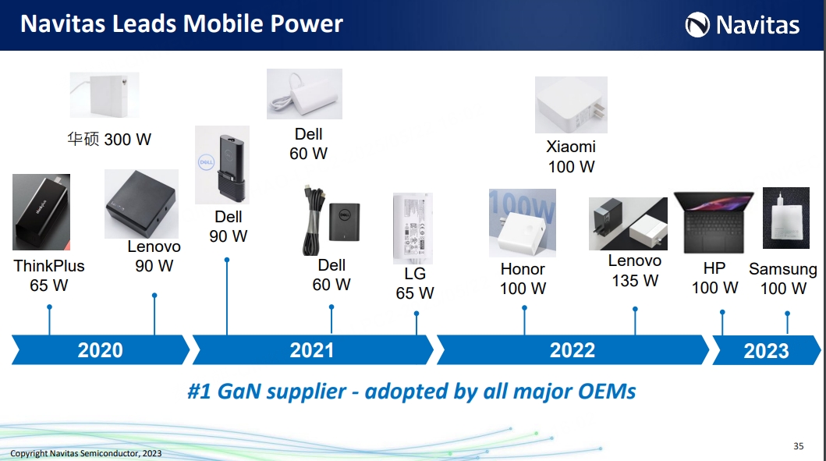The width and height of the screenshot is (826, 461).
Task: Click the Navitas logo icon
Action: coord(697,25)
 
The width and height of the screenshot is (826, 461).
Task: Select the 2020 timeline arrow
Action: coord(100,349)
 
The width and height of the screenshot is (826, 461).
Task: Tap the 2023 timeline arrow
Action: coord(767,350)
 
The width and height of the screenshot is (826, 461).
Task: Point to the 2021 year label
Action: coord(312,350)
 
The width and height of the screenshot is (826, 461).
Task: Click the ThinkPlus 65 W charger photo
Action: coord(41,212)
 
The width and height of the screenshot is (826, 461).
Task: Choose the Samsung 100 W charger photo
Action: coord(786,218)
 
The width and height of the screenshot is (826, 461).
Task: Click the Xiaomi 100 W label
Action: coord(571,157)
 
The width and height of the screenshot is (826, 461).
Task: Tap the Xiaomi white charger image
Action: coord(571,105)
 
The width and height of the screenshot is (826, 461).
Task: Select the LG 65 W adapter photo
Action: coord(413,228)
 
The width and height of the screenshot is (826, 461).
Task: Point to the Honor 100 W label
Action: coord(523,278)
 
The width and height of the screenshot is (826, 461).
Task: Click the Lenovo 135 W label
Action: coord(635,270)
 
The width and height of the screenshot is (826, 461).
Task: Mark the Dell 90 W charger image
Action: coord(222,165)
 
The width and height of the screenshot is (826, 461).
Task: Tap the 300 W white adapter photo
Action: coord(105,95)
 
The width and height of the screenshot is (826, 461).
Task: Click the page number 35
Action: coord(799,446)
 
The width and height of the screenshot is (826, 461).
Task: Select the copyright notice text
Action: coord(86,453)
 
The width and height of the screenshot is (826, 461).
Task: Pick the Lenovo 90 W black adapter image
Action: coord(141,204)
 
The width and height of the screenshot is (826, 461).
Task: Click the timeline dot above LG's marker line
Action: coord(417,314)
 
